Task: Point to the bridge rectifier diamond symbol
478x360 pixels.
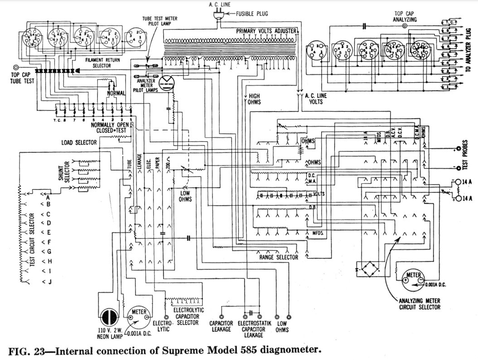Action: (x=367, y=269)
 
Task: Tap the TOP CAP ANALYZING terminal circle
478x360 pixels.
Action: (x=405, y=26)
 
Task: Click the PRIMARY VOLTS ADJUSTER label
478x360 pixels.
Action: (x=266, y=31)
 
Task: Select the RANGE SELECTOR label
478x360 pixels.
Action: (x=278, y=258)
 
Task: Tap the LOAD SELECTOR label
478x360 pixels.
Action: (x=79, y=142)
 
